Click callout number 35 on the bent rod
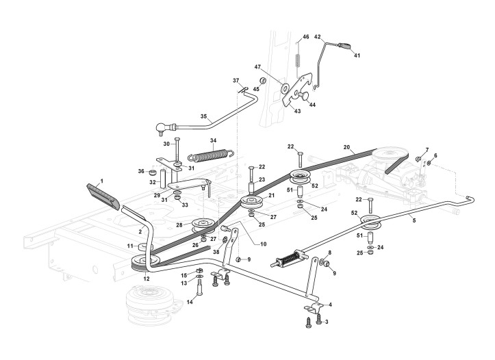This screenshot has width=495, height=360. point(203,117)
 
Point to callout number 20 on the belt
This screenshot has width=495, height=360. point(346,147)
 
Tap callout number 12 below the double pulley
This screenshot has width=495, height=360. point(146,279)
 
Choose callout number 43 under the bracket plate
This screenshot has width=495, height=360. point(297,111)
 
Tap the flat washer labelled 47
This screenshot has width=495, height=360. point(283,87)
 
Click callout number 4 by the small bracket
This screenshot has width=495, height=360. point(330,304)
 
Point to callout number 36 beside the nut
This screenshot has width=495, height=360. point(142,171)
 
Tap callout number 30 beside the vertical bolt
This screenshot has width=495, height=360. point(166,144)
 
